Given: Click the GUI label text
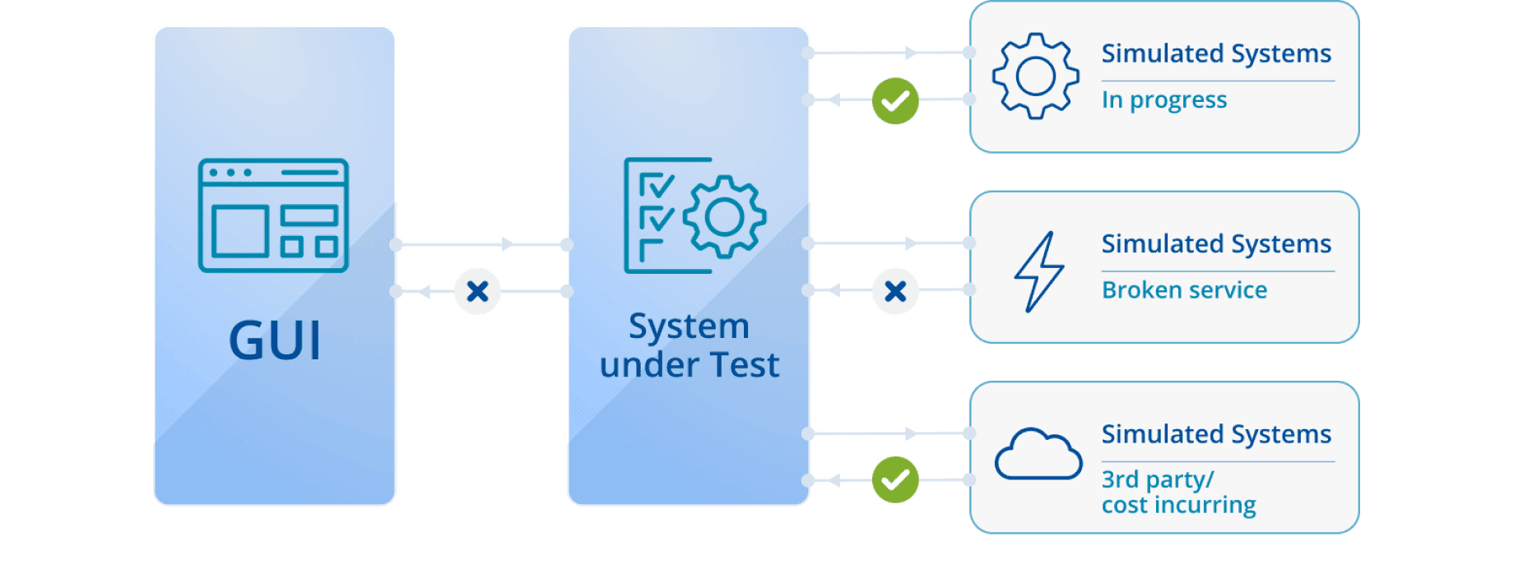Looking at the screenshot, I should [275, 340].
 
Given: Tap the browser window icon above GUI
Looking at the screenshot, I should [273, 215].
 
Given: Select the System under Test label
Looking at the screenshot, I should [690, 345].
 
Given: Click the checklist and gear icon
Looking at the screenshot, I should [694, 215].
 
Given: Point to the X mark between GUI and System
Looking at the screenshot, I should [477, 291].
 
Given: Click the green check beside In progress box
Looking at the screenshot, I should [895, 101].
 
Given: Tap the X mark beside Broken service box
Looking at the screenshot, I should [895, 291].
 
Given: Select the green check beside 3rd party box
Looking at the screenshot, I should [895, 479].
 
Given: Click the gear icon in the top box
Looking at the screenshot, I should [1035, 76].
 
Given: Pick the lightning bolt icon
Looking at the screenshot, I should [1038, 271].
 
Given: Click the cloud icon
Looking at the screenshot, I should [1038, 455].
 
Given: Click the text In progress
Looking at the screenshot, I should [1164, 100].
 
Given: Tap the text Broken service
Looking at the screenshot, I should [1184, 290].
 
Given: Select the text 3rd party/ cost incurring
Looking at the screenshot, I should [1178, 492].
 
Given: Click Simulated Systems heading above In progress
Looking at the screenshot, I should [1216, 53].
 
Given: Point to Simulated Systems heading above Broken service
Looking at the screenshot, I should [1216, 244].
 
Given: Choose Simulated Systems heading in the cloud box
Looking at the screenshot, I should [1216, 434].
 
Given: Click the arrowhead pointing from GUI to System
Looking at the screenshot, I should [508, 244].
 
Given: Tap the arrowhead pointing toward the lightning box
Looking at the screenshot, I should [910, 243].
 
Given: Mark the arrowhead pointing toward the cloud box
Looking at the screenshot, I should [910, 433].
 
